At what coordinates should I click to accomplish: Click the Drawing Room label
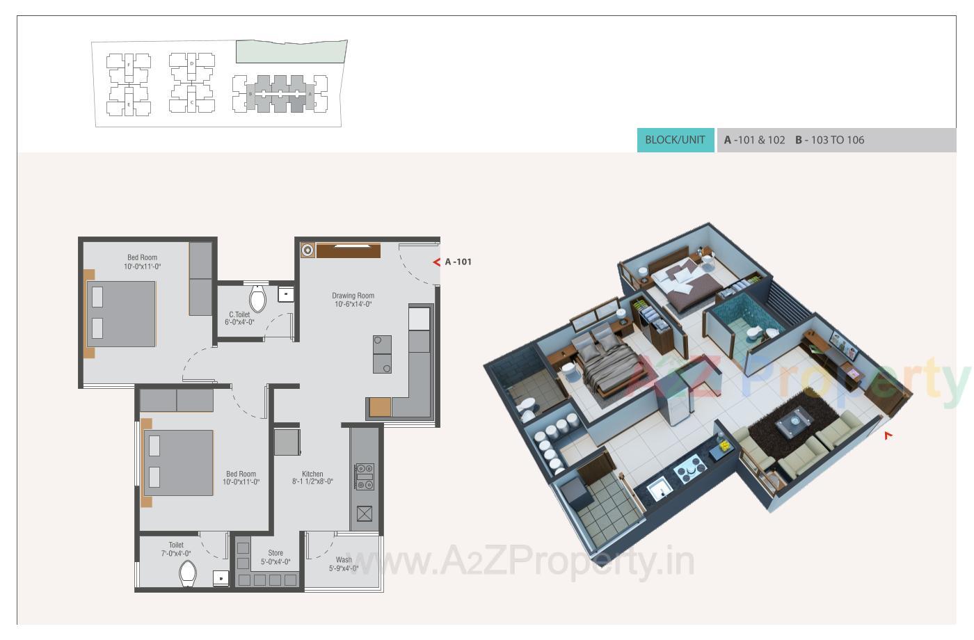(x=353, y=299)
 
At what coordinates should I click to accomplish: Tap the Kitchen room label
(x=312, y=477)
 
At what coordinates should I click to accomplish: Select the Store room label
(x=276, y=557)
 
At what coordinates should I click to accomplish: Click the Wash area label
(x=344, y=563)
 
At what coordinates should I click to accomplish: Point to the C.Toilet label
(x=239, y=318)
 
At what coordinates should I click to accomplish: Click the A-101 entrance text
(x=458, y=262)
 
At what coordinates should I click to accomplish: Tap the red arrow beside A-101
(x=437, y=262)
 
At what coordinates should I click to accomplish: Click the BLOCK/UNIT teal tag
(x=675, y=140)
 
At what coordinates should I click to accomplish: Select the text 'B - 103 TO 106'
(x=829, y=140)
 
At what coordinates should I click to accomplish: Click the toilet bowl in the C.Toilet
(x=257, y=298)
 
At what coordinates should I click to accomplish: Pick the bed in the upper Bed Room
(x=120, y=313)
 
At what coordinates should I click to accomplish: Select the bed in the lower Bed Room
(x=177, y=463)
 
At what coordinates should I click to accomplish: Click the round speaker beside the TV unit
(x=308, y=250)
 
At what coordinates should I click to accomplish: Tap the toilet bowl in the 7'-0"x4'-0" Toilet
(x=188, y=574)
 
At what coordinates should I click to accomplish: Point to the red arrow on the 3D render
(x=888, y=435)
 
